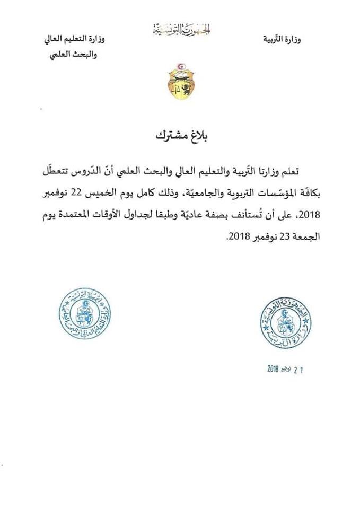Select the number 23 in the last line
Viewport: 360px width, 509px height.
click(283, 236)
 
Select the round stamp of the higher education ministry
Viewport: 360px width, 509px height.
click(85, 313)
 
